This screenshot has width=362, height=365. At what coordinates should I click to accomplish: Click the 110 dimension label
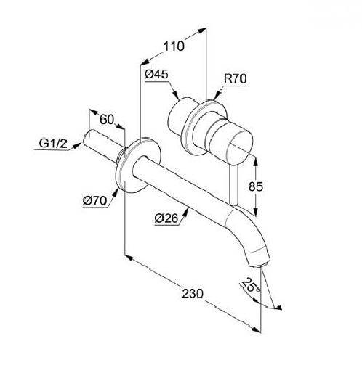coord(174,46)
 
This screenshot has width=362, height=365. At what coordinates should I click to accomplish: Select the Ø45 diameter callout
coord(156,74)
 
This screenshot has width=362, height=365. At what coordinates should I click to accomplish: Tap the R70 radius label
coord(235,79)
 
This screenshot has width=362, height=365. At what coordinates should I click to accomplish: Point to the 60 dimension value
coord(107,119)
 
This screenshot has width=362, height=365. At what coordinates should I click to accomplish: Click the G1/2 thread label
coord(53,144)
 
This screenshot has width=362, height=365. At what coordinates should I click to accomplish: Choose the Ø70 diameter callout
coord(94,200)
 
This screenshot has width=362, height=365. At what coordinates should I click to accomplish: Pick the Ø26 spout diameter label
coord(166,218)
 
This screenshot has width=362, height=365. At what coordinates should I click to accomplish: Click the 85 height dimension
coord(256,186)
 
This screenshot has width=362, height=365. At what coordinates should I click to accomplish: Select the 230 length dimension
coord(193,294)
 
